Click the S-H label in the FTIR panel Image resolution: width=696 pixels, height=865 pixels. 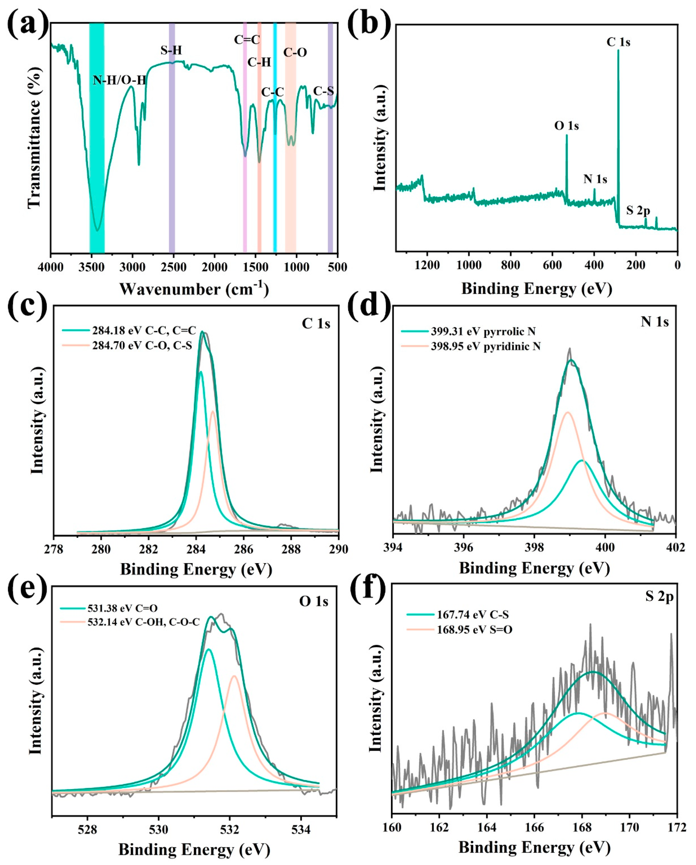[x=171, y=50]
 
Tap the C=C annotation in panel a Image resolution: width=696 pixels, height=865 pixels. [x=247, y=39]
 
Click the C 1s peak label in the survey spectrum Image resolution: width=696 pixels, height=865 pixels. [x=618, y=42]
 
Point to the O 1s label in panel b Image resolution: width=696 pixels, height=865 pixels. [x=566, y=126]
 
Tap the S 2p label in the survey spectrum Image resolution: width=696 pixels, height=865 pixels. [x=638, y=210]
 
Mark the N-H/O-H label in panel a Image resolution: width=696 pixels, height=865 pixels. [x=119, y=80]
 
